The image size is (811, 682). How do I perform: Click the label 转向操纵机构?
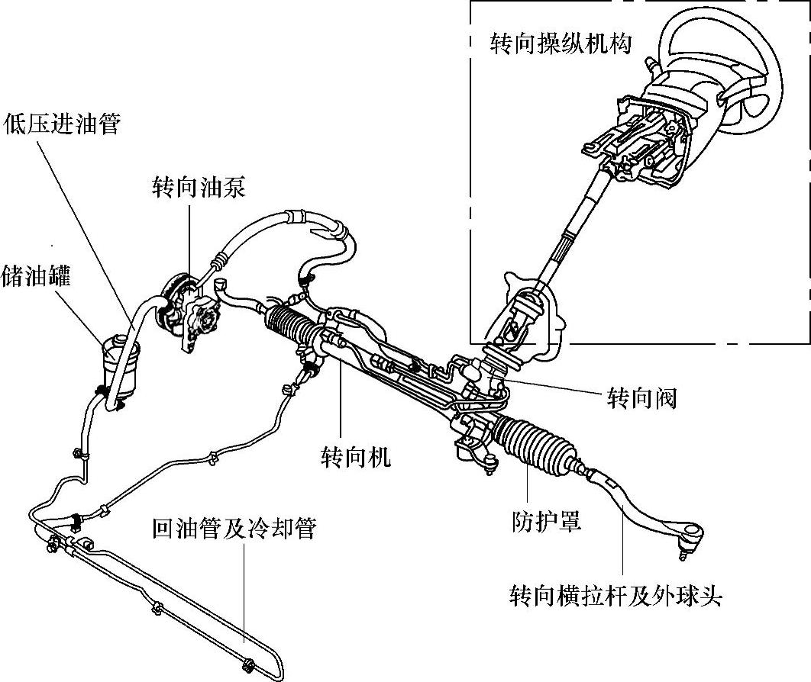pos(561,43)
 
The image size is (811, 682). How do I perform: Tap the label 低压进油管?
pos(63,124)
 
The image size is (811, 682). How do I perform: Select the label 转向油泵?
pos(199,188)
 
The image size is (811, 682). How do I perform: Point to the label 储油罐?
pos(37,276)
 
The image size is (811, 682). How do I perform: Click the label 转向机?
pos(356,456)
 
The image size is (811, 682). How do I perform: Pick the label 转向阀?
pos(641,397)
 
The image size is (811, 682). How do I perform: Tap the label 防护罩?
pos(546,522)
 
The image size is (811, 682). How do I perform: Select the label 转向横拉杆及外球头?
pos(616,595)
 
